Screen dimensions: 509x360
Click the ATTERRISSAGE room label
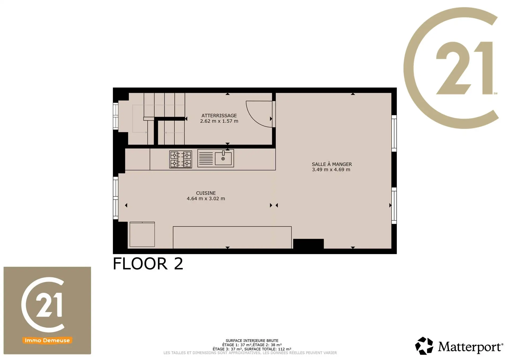coord(219,116)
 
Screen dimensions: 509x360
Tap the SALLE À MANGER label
coord(332,164)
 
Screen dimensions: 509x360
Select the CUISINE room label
coord(206,193)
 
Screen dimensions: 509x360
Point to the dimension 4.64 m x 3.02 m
coord(206,198)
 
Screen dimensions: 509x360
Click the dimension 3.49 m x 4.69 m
coord(331,170)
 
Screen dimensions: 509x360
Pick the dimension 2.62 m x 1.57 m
coord(219,121)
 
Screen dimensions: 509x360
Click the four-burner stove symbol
coord(181,159)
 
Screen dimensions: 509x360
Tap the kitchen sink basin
coord(223,159)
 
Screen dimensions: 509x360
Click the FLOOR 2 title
coord(148,264)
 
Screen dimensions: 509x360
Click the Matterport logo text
coord(470,347)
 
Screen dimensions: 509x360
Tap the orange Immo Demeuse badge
coord(47,340)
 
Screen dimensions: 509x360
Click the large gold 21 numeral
coord(464,68)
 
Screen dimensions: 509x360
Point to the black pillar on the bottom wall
coord(308,244)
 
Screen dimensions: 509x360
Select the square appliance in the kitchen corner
coord(142,234)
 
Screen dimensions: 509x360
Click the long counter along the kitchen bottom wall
coord(232,237)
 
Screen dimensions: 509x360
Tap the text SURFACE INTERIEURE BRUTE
coord(252,341)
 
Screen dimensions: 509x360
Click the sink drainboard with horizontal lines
coord(205,158)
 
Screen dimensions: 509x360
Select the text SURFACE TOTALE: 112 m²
coord(268,349)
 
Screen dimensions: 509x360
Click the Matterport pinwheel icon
coord(424,346)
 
